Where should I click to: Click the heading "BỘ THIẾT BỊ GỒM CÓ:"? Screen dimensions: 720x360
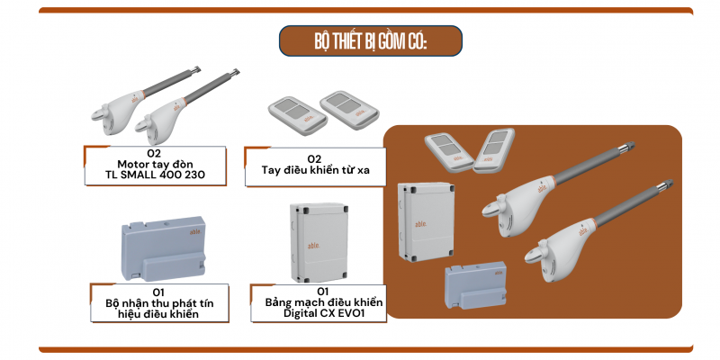[x=371, y=41]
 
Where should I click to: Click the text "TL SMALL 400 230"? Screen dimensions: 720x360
[x=155, y=175]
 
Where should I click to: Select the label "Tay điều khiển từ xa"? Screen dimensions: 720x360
[x=316, y=170]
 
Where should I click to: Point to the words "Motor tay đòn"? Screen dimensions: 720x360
[x=155, y=164]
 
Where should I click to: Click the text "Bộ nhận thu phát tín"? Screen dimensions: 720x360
[x=159, y=303]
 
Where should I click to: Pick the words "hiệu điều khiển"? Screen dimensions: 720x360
[x=158, y=313]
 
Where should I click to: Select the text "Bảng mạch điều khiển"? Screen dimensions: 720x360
[x=324, y=302]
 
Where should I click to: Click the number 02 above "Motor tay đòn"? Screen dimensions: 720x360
[x=155, y=153]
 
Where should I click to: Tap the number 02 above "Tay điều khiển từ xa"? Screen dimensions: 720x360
[x=314, y=159]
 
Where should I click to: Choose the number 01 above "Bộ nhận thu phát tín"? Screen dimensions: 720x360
[x=158, y=292]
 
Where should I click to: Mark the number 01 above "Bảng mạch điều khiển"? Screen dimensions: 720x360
[x=323, y=292]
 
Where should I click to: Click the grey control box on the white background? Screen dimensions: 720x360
[x=319, y=242]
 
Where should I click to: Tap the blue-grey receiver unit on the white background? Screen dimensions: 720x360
[x=163, y=248]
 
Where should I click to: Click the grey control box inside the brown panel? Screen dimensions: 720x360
[x=426, y=221]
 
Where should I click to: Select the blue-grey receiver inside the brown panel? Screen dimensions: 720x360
[x=475, y=285]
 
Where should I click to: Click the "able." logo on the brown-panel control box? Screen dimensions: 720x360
[x=420, y=223]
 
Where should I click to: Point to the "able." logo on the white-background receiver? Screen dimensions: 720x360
[x=195, y=232]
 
